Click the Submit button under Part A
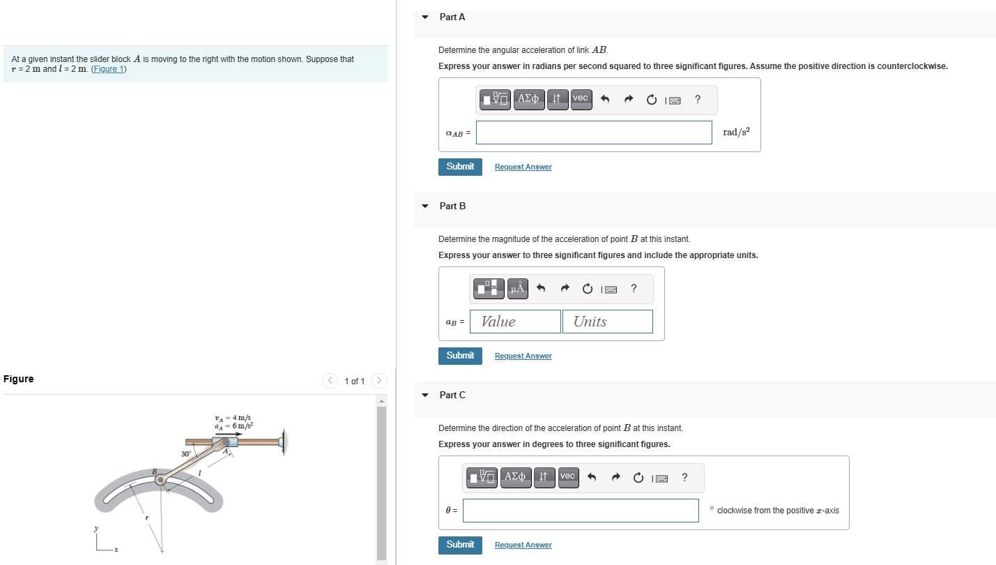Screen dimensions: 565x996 pyautogui.click(x=460, y=167)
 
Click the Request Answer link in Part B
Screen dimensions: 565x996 pyautogui.click(x=523, y=356)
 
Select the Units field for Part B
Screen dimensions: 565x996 pyautogui.click(x=607, y=322)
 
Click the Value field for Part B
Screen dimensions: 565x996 pyautogui.click(x=515, y=322)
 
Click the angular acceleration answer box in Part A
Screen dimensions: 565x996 pyautogui.click(x=594, y=133)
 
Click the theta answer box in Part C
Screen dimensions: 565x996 pyautogui.click(x=581, y=511)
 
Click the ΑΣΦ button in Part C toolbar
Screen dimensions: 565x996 pyautogui.click(x=515, y=476)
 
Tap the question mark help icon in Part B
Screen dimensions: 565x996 pyautogui.click(x=633, y=288)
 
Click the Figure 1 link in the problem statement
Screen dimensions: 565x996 pyautogui.click(x=109, y=69)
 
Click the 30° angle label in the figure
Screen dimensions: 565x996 pyautogui.click(x=186, y=454)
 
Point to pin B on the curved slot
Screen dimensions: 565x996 pyautogui.click(x=161, y=480)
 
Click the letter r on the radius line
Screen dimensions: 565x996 pyautogui.click(x=146, y=518)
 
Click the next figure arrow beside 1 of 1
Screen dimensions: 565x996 pyautogui.click(x=379, y=381)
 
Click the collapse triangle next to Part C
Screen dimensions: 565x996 pyautogui.click(x=425, y=395)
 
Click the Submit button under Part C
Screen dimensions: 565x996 pyautogui.click(x=460, y=545)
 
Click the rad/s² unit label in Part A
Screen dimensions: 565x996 pyautogui.click(x=736, y=133)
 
